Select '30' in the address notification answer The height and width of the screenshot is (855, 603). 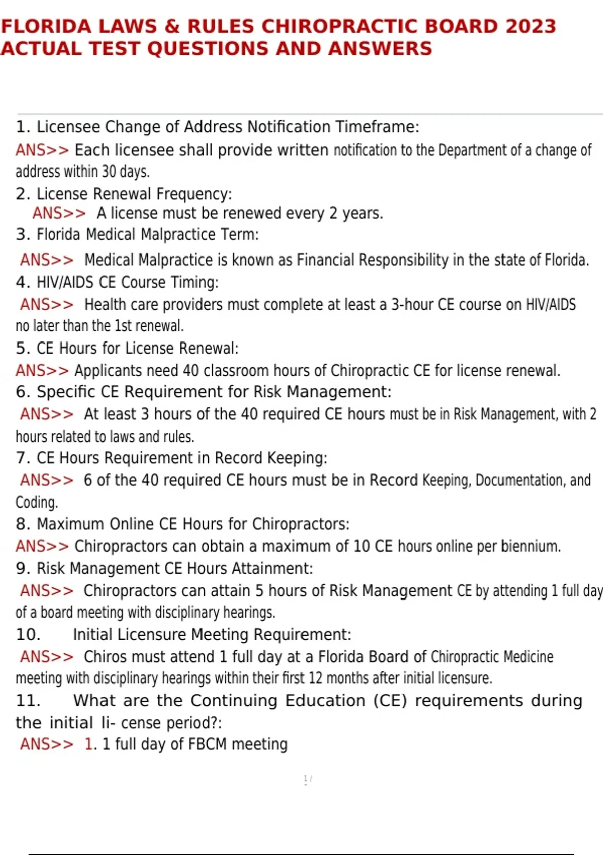point(109,172)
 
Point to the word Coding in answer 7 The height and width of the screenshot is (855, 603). point(36,502)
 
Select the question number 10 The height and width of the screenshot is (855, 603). point(28,634)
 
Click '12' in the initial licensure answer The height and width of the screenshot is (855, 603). point(315,678)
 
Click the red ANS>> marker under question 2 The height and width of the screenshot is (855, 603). point(59,213)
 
